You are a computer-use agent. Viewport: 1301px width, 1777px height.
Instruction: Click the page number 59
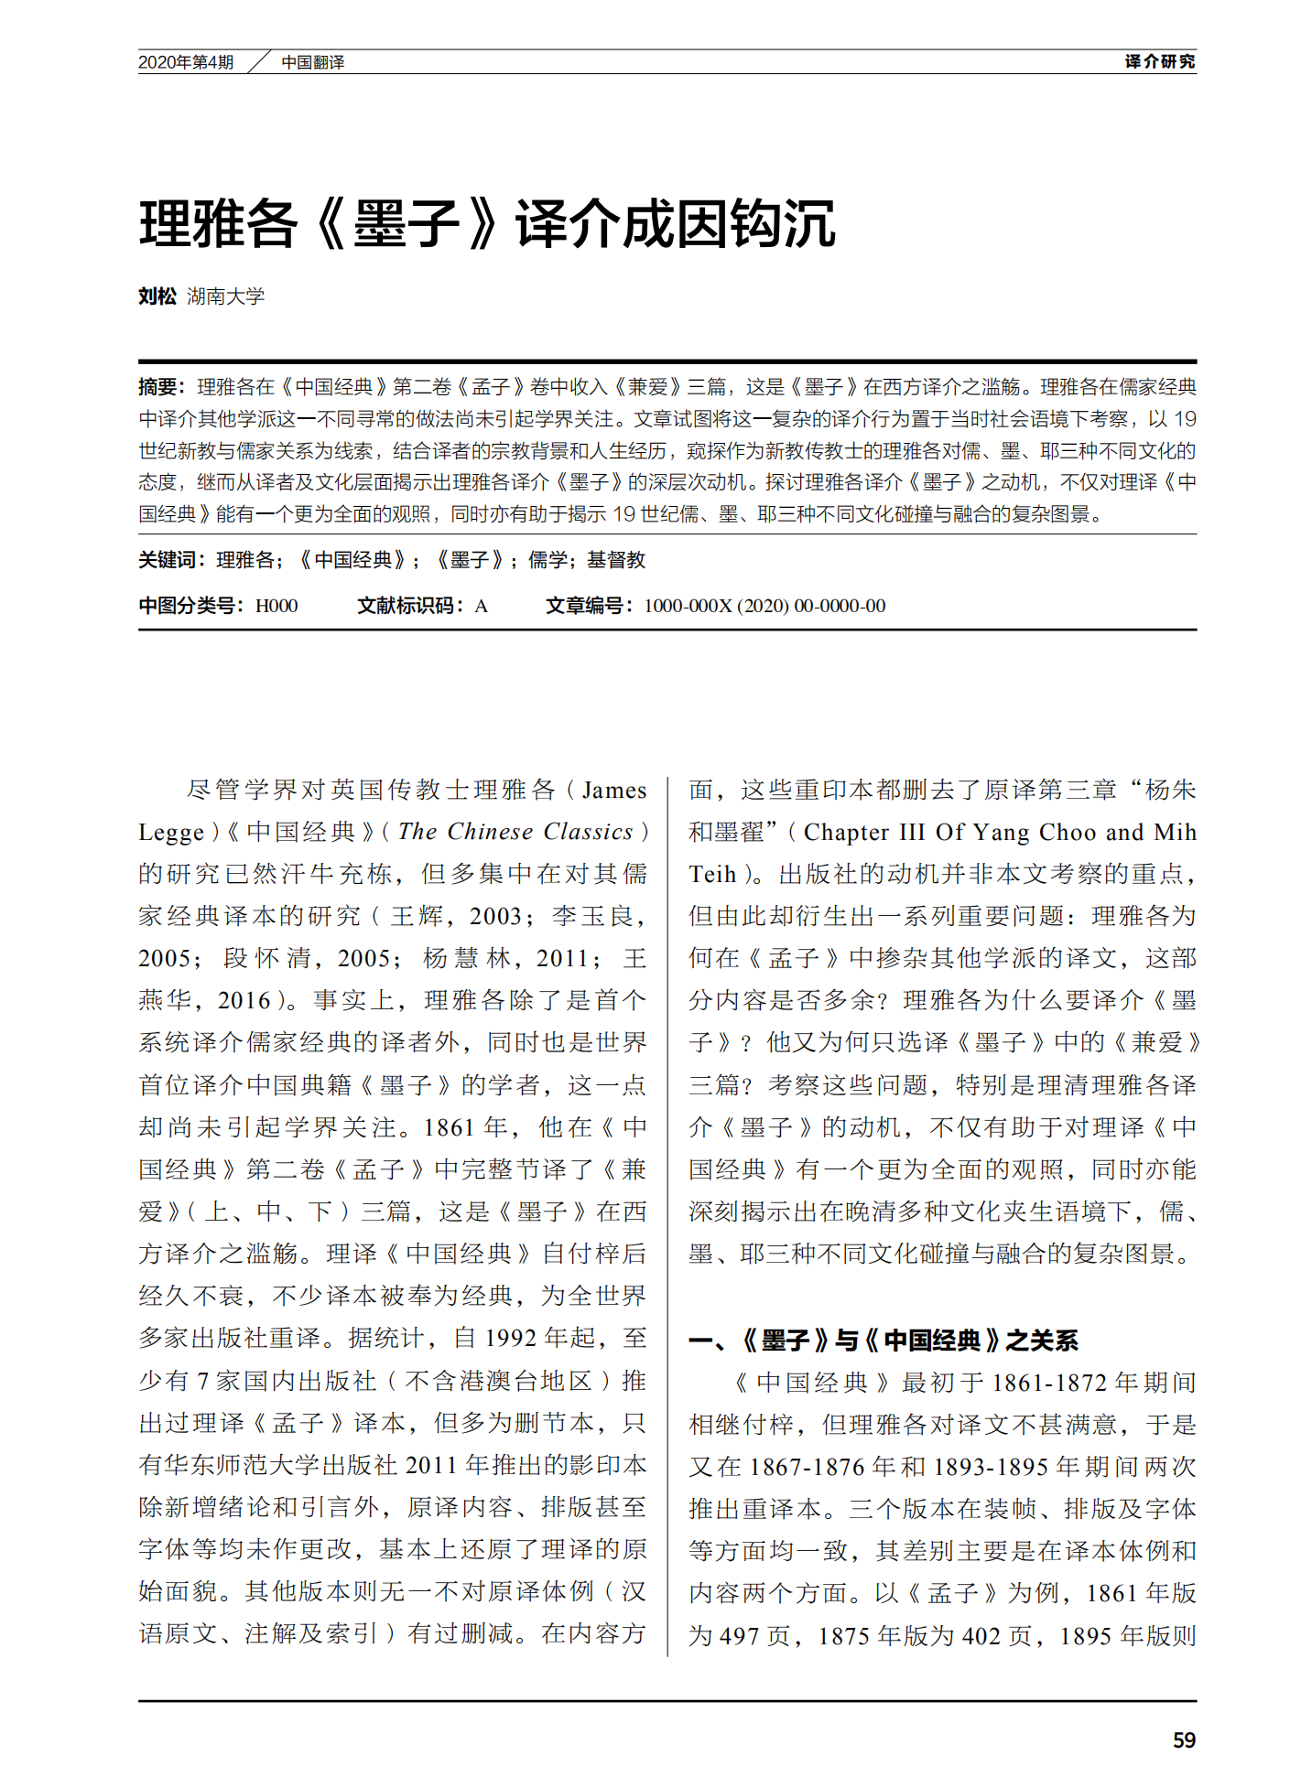pyautogui.click(x=1184, y=1739)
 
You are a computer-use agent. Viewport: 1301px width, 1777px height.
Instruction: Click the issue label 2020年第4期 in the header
pyautogui.click(x=186, y=62)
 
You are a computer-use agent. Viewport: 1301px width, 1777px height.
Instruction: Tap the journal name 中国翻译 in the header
pyautogui.click(x=312, y=62)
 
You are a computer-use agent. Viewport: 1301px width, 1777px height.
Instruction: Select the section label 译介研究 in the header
pyautogui.click(x=1160, y=61)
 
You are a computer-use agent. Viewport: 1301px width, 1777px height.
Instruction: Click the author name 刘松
pyautogui.click(x=157, y=296)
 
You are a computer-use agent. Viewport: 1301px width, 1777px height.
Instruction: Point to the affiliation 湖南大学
pyautogui.click(x=225, y=296)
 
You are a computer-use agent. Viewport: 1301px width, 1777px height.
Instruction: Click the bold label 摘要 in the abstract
pyautogui.click(x=157, y=387)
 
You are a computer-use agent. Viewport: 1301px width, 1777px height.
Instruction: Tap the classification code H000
pyautogui.click(x=276, y=605)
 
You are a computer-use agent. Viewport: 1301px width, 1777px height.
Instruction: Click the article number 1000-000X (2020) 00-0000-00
pyautogui.click(x=764, y=605)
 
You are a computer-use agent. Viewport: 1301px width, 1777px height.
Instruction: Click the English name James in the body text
pyautogui.click(x=614, y=790)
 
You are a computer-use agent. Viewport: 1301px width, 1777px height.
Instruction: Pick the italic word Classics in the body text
pyautogui.click(x=588, y=831)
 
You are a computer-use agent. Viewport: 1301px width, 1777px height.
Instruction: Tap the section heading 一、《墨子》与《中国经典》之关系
pyautogui.click(x=884, y=1341)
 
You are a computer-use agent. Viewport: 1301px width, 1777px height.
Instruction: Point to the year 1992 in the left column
pyautogui.click(x=510, y=1338)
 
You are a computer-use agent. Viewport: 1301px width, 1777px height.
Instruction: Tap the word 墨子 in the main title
pyautogui.click(x=407, y=224)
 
